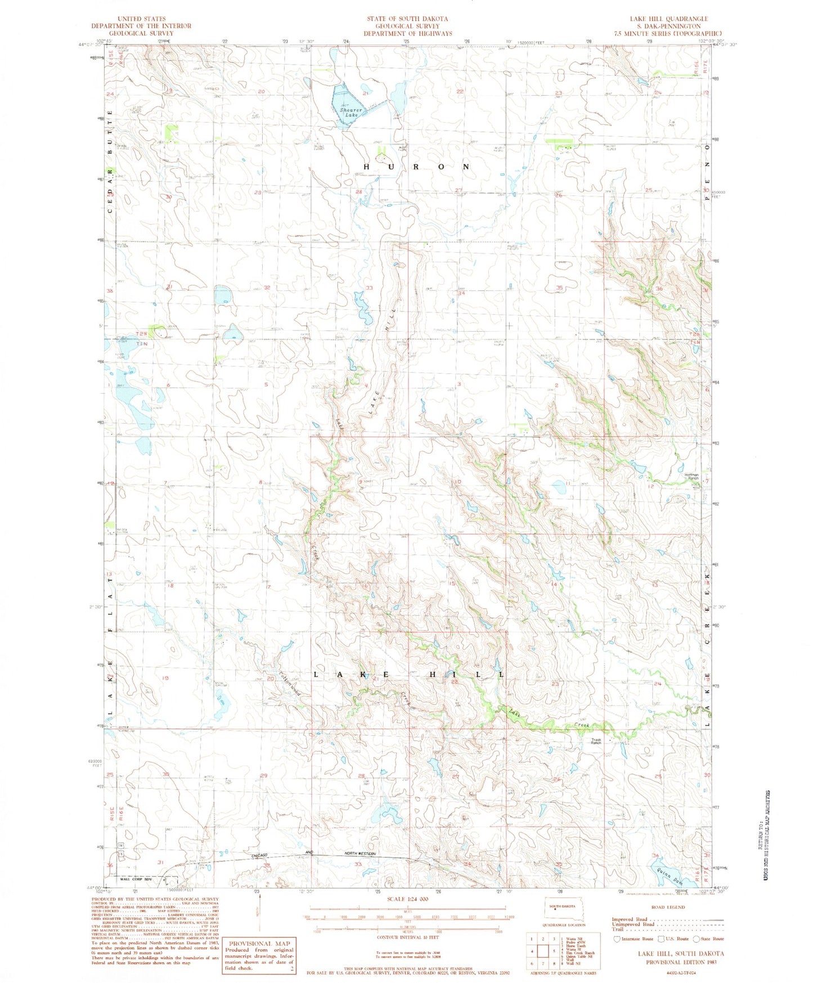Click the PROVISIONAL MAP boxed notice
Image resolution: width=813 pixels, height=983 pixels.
pyautogui.click(x=259, y=955)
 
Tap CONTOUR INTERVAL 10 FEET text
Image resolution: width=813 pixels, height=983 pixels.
pyautogui.click(x=401, y=938)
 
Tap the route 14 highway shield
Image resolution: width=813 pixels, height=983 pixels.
pyautogui.click(x=120, y=846)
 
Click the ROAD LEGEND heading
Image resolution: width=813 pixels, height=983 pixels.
pyautogui.click(x=668, y=907)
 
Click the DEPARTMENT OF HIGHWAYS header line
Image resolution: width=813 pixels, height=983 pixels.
pyautogui.click(x=407, y=33)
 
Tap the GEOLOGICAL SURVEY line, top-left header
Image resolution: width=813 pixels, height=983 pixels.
pyautogui.click(x=141, y=33)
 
